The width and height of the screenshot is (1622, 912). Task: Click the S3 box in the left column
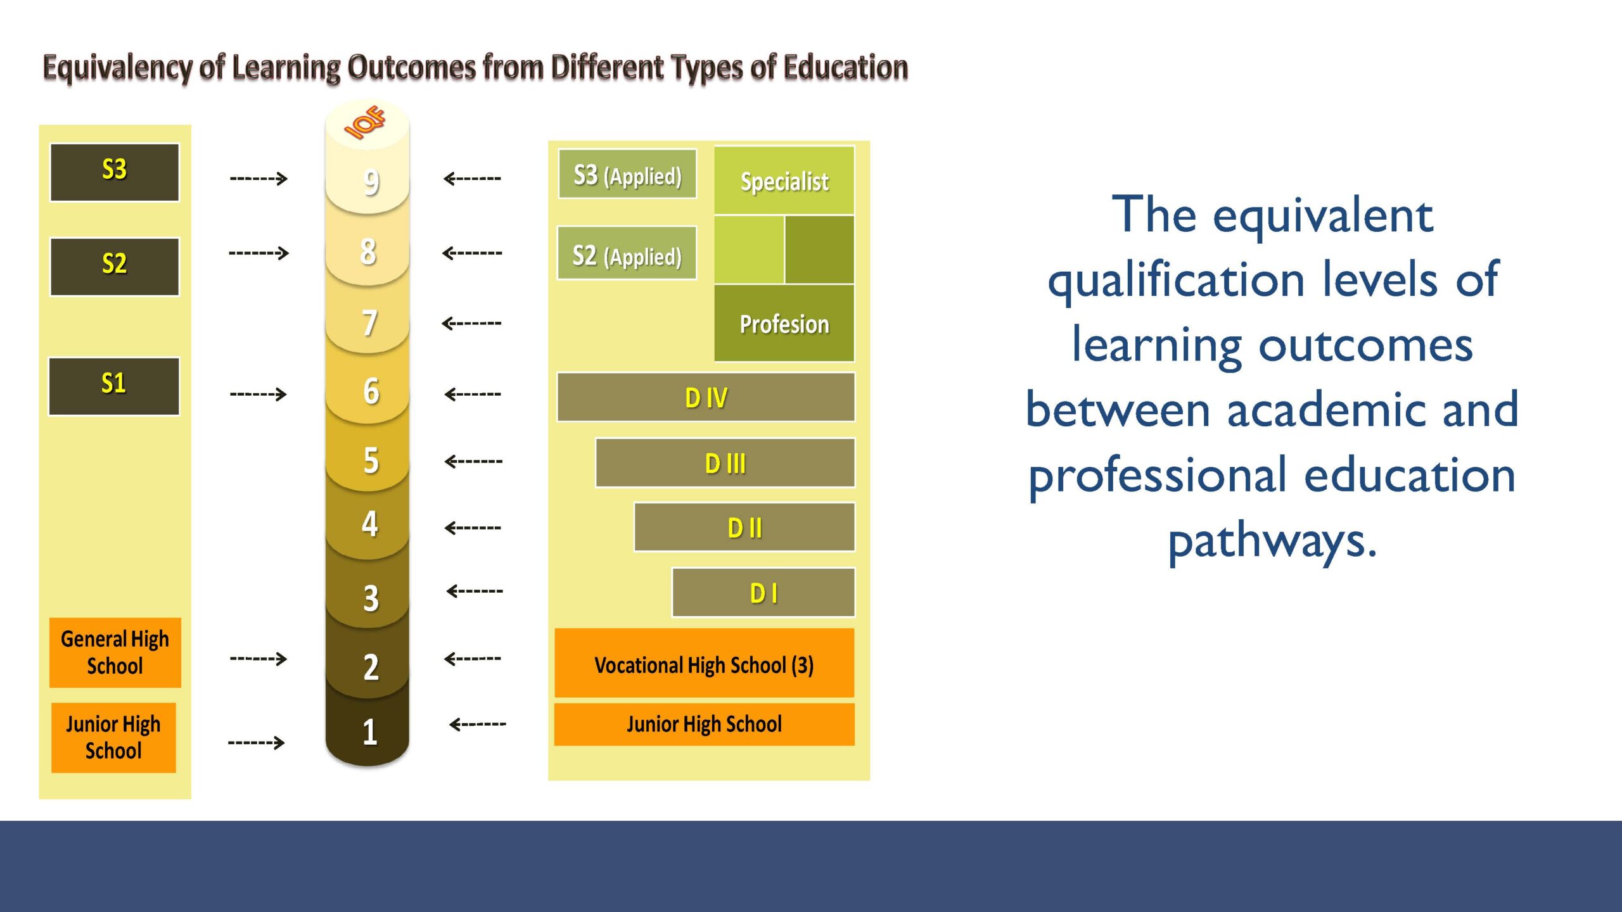pyautogui.click(x=115, y=172)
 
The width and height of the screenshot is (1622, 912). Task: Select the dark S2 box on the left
pyautogui.click(x=115, y=267)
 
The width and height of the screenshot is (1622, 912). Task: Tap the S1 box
pyautogui.click(x=114, y=386)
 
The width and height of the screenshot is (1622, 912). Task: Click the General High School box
pyautogui.click(x=115, y=652)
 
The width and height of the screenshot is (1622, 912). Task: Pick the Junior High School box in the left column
pyautogui.click(x=113, y=737)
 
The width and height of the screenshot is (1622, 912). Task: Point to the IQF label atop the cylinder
pyautogui.click(x=366, y=122)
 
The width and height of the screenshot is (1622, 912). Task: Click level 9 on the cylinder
pyautogui.click(x=371, y=182)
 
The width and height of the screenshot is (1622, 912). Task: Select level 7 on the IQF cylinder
pyautogui.click(x=369, y=323)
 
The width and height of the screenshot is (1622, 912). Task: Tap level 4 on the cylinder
pyautogui.click(x=369, y=524)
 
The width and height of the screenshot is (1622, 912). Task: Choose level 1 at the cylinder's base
pyautogui.click(x=369, y=731)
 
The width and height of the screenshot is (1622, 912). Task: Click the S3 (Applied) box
pyautogui.click(x=627, y=174)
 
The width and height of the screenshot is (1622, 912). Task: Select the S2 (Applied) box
pyautogui.click(x=627, y=253)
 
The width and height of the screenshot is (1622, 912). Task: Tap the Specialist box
pyautogui.click(x=784, y=180)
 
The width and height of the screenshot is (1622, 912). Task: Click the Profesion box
pyautogui.click(x=784, y=323)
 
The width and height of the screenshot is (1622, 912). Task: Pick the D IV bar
pyautogui.click(x=706, y=397)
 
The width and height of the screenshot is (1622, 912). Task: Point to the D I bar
pyautogui.click(x=763, y=593)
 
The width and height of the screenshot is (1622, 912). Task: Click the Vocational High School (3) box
pyautogui.click(x=705, y=663)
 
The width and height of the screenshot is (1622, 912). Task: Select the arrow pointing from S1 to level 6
pyautogui.click(x=259, y=394)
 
